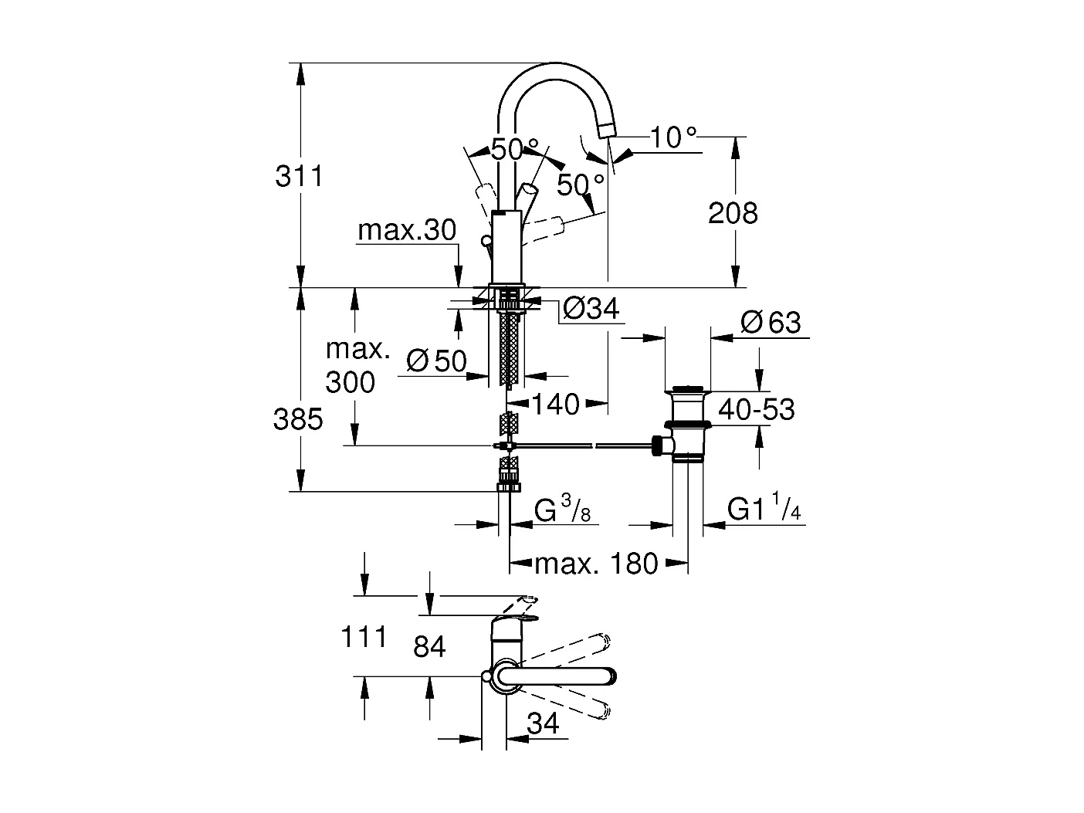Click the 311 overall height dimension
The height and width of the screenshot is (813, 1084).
299,177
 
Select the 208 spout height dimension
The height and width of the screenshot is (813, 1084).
733,213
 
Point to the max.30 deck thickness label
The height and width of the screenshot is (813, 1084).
407,230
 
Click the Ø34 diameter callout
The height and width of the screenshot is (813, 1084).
591,309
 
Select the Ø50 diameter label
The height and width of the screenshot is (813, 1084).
436,361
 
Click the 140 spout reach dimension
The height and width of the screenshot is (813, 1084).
556,404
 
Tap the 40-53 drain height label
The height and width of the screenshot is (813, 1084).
756,409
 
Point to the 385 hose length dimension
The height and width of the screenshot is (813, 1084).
298,419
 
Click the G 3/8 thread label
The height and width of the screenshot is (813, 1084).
562,511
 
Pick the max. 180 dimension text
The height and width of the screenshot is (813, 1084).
596,564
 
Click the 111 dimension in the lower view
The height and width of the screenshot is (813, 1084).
364,637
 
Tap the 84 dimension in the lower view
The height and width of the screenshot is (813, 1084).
429,646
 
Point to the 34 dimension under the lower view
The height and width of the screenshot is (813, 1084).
543,723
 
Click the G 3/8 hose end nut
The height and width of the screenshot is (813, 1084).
508,486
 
